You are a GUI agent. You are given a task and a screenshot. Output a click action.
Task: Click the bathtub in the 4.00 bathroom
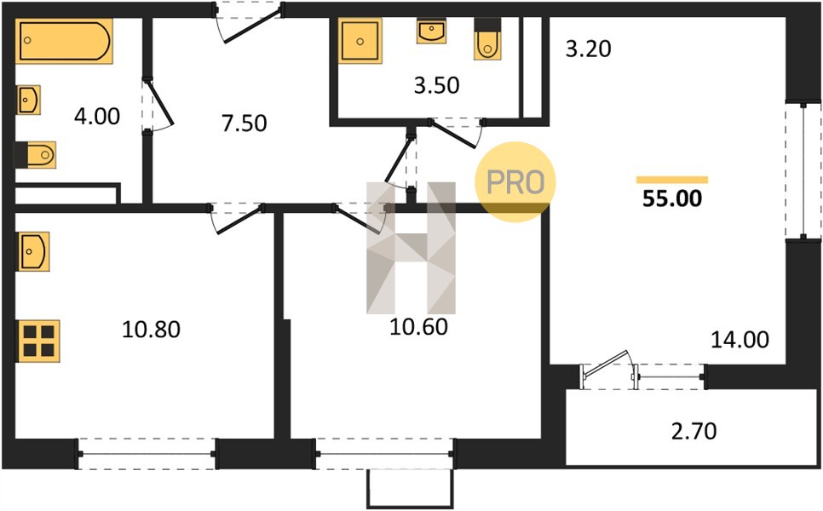pyautogui.click(x=64, y=41)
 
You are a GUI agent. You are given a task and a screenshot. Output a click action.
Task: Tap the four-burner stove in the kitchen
pyautogui.click(x=39, y=341)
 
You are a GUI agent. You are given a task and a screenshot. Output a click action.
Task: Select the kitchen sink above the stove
pyautogui.click(x=34, y=252)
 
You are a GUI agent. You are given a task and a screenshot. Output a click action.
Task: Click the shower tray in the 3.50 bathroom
pyautogui.click(x=360, y=41)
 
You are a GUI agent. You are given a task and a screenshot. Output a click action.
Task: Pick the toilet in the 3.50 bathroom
pyautogui.click(x=487, y=39)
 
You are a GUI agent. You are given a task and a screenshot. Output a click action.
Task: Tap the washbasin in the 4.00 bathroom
pyautogui.click(x=28, y=100)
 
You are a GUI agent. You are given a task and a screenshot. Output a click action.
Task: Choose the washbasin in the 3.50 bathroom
pyautogui.click(x=431, y=31)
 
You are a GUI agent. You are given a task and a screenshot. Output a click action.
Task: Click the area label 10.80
pyautogui.click(x=151, y=330)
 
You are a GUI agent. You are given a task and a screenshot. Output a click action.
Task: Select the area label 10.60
pyautogui.click(x=419, y=327)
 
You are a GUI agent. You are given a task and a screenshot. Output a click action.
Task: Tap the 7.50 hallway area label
pyautogui.click(x=244, y=123)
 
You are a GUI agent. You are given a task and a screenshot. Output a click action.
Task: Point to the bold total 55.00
pyautogui.click(x=672, y=198)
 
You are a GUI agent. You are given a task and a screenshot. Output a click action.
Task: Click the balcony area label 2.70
pyautogui.click(x=694, y=431)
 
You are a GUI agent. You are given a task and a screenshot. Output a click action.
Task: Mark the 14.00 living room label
pyautogui.click(x=740, y=340)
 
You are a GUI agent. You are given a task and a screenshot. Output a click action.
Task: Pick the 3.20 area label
pyautogui.click(x=589, y=49)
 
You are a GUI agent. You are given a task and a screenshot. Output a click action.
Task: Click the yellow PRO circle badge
pyautogui.click(x=515, y=182)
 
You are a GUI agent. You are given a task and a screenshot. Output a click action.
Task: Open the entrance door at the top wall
pyautogui.click(x=250, y=22)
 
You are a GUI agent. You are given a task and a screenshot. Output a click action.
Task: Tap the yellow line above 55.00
pyautogui.click(x=672, y=180)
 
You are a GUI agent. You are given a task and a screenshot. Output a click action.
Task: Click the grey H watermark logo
pyautogui.click(x=411, y=248)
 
